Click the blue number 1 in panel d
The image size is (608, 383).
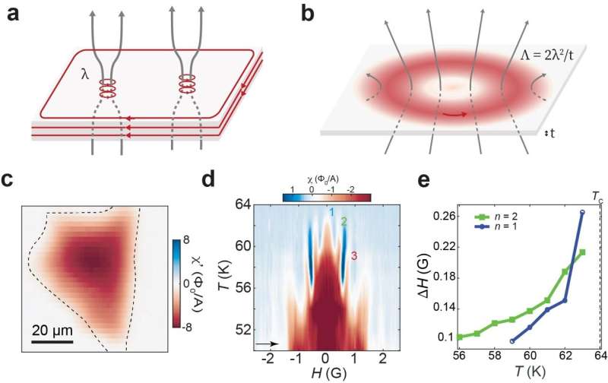coord(331,212)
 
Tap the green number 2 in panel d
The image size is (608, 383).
coord(344,222)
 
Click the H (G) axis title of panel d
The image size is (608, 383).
coord(325,375)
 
